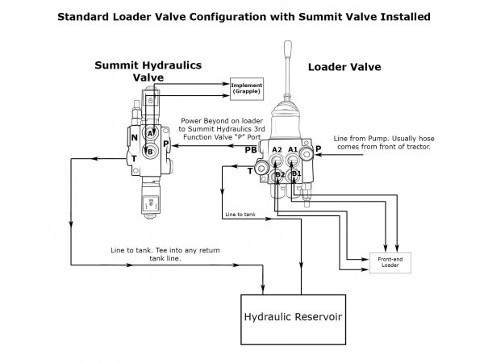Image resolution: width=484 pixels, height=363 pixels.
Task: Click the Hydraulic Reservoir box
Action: point(300,316)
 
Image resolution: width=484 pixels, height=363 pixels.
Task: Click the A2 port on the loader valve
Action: point(277,151)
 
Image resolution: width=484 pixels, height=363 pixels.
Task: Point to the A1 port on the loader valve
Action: point(294,151)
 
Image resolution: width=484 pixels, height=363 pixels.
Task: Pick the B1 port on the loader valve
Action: point(296,174)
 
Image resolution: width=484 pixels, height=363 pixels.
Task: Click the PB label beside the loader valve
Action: point(252,150)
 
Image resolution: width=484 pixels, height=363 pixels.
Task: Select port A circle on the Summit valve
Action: point(151,131)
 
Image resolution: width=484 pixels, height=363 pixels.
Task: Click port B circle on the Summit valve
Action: point(149,149)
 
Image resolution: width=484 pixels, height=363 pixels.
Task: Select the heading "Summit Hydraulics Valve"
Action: point(148,71)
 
